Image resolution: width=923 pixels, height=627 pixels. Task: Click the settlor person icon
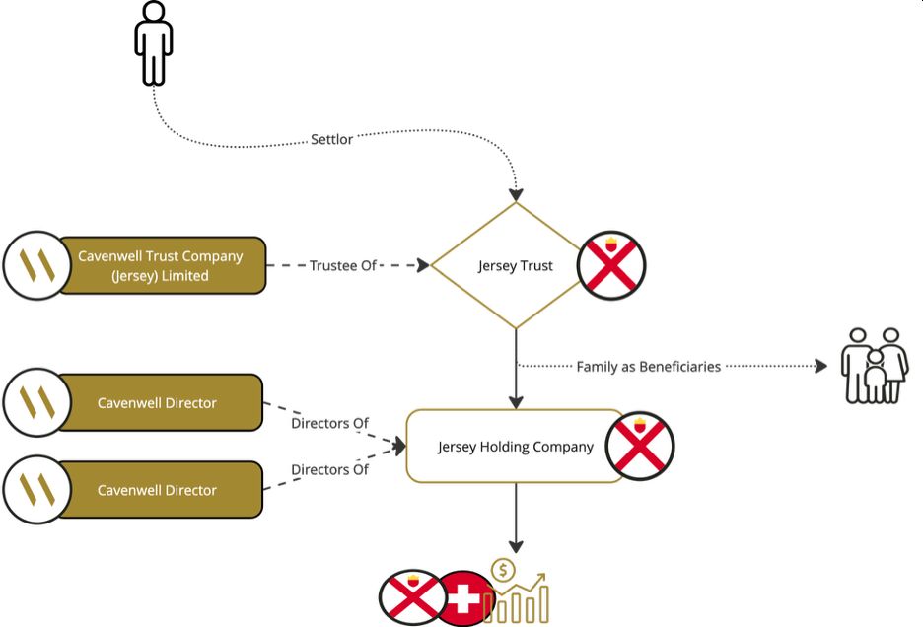coord(153,44)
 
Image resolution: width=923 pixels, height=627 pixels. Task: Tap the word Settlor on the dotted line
coord(331,140)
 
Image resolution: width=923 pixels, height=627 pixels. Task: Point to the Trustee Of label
coord(343,266)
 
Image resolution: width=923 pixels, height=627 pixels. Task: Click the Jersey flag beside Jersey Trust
coord(611,266)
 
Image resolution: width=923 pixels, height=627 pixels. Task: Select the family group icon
coord(874,366)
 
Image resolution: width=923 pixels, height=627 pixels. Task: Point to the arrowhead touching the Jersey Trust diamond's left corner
coord(425,266)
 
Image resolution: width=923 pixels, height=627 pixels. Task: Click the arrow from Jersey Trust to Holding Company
coord(516,370)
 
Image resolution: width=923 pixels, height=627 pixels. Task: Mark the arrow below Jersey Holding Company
coord(515,518)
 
